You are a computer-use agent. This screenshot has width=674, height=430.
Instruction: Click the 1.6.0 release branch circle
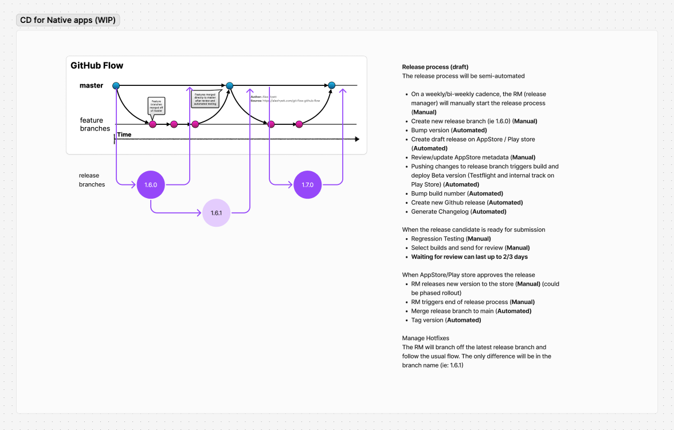pyautogui.click(x=151, y=185)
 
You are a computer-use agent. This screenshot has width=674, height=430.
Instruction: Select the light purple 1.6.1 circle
pyautogui.click(x=216, y=213)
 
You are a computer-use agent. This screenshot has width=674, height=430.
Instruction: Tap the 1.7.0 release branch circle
pyautogui.click(x=307, y=185)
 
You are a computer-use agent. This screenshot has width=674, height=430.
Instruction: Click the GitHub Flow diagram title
pyautogui.click(x=97, y=66)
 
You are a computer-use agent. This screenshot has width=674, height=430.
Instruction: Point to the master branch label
pyautogui.click(x=92, y=86)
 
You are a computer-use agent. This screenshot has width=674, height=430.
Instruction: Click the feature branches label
pyautogui.click(x=95, y=124)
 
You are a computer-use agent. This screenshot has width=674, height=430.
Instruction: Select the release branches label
pyautogui.click(x=92, y=180)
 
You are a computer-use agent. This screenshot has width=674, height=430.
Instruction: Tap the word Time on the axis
pyautogui.click(x=124, y=135)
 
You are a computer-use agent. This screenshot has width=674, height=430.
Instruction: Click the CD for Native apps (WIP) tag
pyautogui.click(x=68, y=21)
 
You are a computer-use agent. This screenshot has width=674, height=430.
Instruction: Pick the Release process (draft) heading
pyautogui.click(x=431, y=67)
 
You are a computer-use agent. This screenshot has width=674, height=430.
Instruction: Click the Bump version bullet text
pyautogui.click(x=449, y=131)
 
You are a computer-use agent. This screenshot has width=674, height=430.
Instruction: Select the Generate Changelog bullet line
pyautogui.click(x=459, y=212)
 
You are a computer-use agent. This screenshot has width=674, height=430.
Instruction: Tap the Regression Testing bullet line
pyautogui.click(x=450, y=239)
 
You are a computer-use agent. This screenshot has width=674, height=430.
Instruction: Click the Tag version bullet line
pyautogui.click(x=446, y=320)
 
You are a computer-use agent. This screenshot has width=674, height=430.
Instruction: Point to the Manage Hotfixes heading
pyautogui.click(x=425, y=338)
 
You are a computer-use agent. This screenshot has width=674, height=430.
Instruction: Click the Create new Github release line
pyautogui.click(x=467, y=203)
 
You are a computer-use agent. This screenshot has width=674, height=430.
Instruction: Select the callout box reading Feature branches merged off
pyautogui.click(x=156, y=106)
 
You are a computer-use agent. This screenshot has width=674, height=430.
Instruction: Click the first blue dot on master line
pyautogui.click(x=116, y=86)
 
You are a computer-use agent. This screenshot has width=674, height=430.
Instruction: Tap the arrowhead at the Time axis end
pyautogui.click(x=357, y=139)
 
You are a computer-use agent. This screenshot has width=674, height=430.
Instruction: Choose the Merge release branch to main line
pyautogui.click(x=471, y=311)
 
